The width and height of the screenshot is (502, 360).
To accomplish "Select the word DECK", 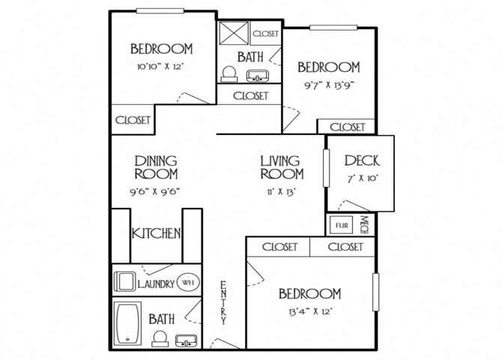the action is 361,160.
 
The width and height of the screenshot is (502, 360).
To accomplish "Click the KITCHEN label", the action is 157,234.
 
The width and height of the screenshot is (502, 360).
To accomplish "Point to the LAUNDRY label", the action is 156,284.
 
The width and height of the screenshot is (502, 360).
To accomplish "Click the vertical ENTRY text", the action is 223,302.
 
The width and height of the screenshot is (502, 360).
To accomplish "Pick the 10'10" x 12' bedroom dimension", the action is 161,66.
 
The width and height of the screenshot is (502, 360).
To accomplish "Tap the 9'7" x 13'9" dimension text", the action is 328,84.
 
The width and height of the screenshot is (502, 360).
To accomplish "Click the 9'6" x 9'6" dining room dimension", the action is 155,190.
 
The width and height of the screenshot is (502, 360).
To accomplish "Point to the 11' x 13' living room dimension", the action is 281,191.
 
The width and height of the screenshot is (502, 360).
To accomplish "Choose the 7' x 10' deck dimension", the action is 361,179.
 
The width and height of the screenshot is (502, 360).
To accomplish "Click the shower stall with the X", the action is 233,35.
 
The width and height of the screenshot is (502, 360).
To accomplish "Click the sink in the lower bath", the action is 184,340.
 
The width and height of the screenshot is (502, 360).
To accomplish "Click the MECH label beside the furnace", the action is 364,224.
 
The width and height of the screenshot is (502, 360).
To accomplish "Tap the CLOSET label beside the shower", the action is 266,34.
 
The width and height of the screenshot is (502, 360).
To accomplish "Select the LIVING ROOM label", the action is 281,167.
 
